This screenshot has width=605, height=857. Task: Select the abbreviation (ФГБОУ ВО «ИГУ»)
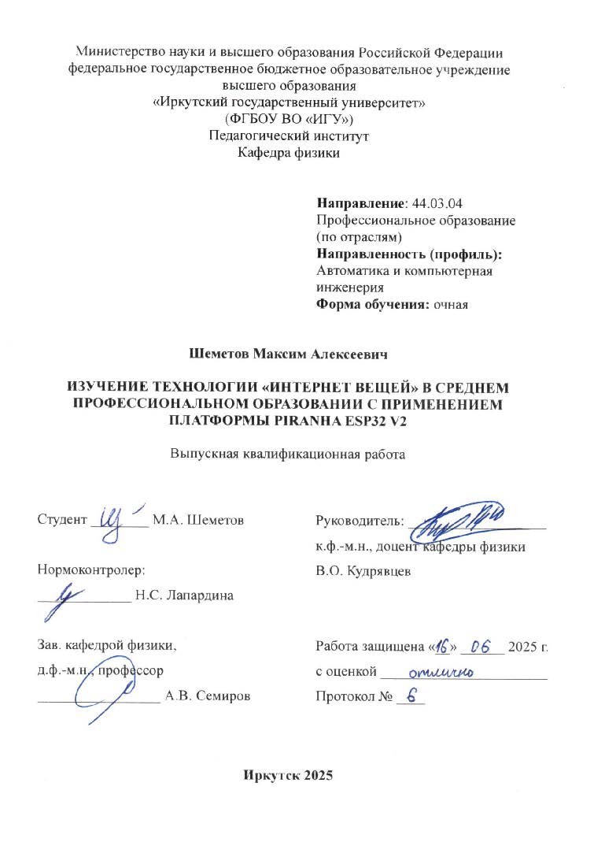[289, 119]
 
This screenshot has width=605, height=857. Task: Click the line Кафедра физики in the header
[289, 153]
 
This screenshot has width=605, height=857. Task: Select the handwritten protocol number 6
[409, 696]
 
